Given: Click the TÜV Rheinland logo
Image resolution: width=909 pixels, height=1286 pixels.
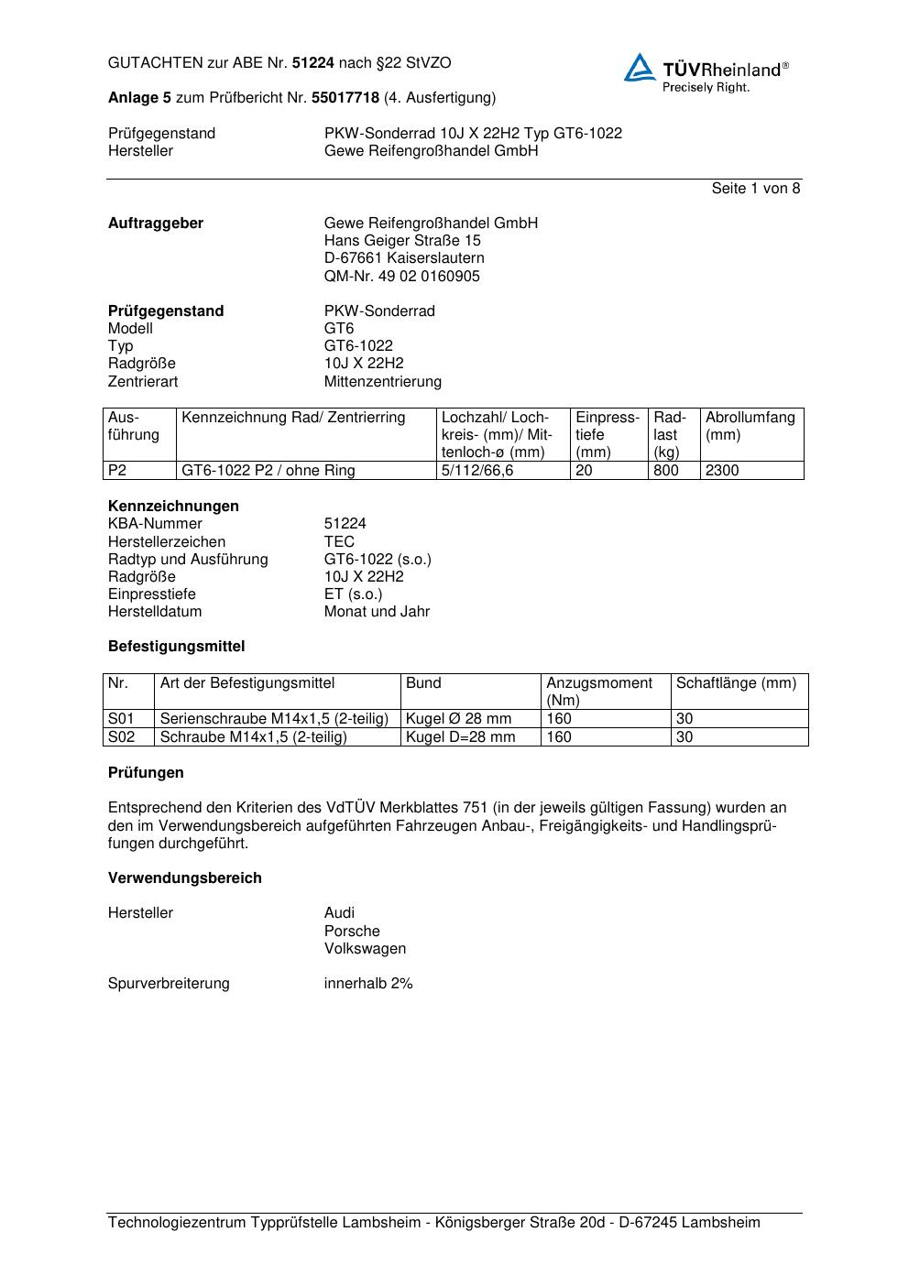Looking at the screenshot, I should pyautogui.click(x=706, y=71).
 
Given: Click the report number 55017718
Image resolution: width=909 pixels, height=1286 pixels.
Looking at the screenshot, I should pyautogui.click(x=345, y=97).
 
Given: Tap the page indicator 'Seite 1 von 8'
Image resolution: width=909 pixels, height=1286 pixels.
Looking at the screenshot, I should pyautogui.click(x=755, y=189).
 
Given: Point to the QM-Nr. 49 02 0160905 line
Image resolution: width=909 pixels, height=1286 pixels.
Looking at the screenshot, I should pyautogui.click(x=401, y=277).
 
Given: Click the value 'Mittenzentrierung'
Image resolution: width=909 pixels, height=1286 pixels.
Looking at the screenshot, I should pyautogui.click(x=382, y=382).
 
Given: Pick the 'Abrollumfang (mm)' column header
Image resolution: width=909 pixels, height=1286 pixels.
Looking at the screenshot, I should pyautogui.click(x=750, y=426).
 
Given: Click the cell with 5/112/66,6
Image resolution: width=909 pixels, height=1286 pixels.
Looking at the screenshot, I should pyautogui.click(x=477, y=471).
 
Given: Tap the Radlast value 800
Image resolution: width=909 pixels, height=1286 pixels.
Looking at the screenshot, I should pyautogui.click(x=666, y=471).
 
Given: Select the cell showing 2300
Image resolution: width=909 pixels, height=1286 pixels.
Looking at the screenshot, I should pyautogui.click(x=722, y=471).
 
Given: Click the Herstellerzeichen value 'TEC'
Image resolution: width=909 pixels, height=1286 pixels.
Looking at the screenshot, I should pyautogui.click(x=339, y=541).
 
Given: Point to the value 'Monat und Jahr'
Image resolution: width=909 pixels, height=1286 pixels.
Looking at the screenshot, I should pyautogui.click(x=377, y=612).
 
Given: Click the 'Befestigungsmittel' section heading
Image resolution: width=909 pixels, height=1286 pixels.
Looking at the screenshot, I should pyautogui.click(x=176, y=647).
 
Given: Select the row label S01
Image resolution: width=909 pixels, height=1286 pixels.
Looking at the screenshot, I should pyautogui.click(x=121, y=719).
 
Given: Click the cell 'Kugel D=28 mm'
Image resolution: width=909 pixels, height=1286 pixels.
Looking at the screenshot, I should pyautogui.click(x=461, y=737).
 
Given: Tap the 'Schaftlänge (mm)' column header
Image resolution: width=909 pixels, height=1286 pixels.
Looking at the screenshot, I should pyautogui.click(x=736, y=683).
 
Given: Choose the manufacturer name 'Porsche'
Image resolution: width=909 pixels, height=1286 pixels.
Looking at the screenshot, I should pyautogui.click(x=352, y=932).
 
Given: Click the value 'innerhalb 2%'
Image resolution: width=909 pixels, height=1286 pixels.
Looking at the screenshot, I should pyautogui.click(x=368, y=984).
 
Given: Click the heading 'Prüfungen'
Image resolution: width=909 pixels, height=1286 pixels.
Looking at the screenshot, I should pyautogui.click(x=146, y=773).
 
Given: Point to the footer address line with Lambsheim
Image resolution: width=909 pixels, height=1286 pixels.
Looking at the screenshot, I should pyautogui.click(x=433, y=1223).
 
